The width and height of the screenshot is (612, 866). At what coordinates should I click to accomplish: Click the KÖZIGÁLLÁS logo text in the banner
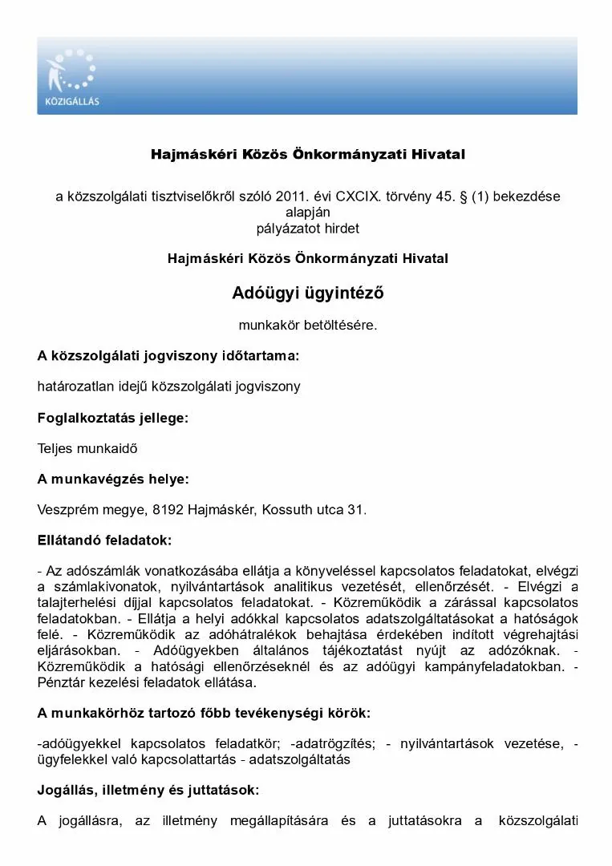pos(73,102)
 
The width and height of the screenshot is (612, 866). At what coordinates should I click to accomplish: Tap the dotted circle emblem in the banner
pos(71,70)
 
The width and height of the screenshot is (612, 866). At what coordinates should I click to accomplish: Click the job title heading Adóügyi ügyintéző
pos(308,293)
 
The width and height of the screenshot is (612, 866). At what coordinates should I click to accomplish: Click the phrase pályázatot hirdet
pos(308,228)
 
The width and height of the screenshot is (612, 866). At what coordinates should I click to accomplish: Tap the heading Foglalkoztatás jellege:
pos(112,418)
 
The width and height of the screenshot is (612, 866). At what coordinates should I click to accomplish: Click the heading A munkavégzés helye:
pos(113,479)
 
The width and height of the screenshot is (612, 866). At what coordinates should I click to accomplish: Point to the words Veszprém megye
pos(77,509)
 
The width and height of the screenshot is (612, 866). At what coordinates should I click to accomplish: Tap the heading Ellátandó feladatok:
pos(104,540)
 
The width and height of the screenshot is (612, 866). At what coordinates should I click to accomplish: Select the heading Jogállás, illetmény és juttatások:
pos(148,790)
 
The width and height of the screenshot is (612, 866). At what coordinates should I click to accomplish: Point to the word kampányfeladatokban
pos(502,667)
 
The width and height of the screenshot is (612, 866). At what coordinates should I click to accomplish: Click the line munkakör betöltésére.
pos(308,325)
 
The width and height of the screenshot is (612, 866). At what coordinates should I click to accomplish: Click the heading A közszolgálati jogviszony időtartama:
pos(168,355)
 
